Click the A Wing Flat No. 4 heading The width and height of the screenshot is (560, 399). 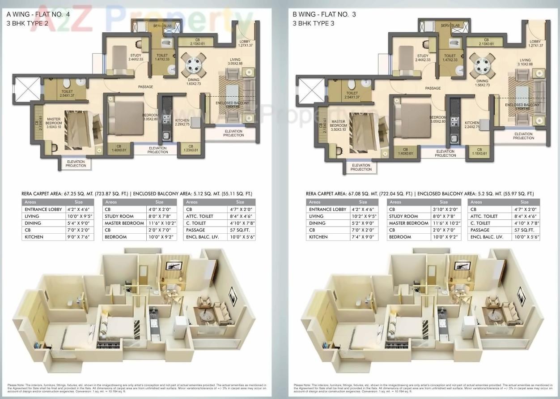pos(30,14)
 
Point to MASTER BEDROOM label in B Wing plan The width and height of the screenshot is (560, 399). pos(338,124)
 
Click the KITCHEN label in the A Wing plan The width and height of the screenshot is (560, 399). pos(182,120)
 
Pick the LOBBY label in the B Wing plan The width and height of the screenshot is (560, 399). pos(535,42)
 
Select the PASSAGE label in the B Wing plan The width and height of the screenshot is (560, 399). pos(433,88)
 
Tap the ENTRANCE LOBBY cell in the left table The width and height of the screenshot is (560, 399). pos(43,209)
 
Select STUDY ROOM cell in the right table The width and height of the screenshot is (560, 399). pos(403,216)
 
